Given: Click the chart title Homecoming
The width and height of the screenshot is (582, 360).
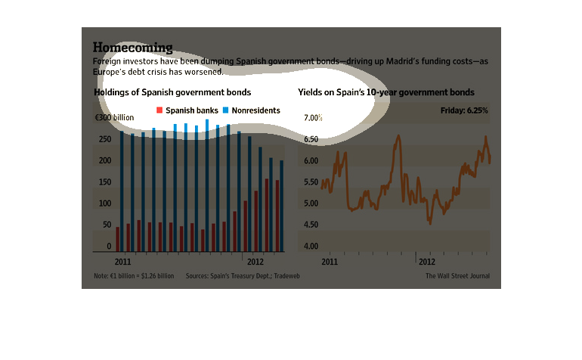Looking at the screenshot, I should pos(132,47).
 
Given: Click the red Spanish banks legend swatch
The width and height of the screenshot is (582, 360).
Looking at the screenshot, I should pos(159,110).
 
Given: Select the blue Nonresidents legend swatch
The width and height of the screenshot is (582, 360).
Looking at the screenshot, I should pos(225,110).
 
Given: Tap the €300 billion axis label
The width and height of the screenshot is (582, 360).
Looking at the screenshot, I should pos(114,118).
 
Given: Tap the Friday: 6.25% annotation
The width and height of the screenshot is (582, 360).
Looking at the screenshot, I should pos(464,110).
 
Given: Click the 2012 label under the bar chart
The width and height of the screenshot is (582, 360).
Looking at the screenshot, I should pos(256,260).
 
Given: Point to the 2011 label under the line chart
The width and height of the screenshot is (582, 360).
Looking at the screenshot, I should pos(330,260).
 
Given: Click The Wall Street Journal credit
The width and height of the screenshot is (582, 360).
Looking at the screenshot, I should pos(457,276).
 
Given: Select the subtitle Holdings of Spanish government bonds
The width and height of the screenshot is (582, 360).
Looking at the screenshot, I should pos(172,92).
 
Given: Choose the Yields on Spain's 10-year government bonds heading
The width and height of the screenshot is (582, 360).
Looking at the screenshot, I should pos(386,92).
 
